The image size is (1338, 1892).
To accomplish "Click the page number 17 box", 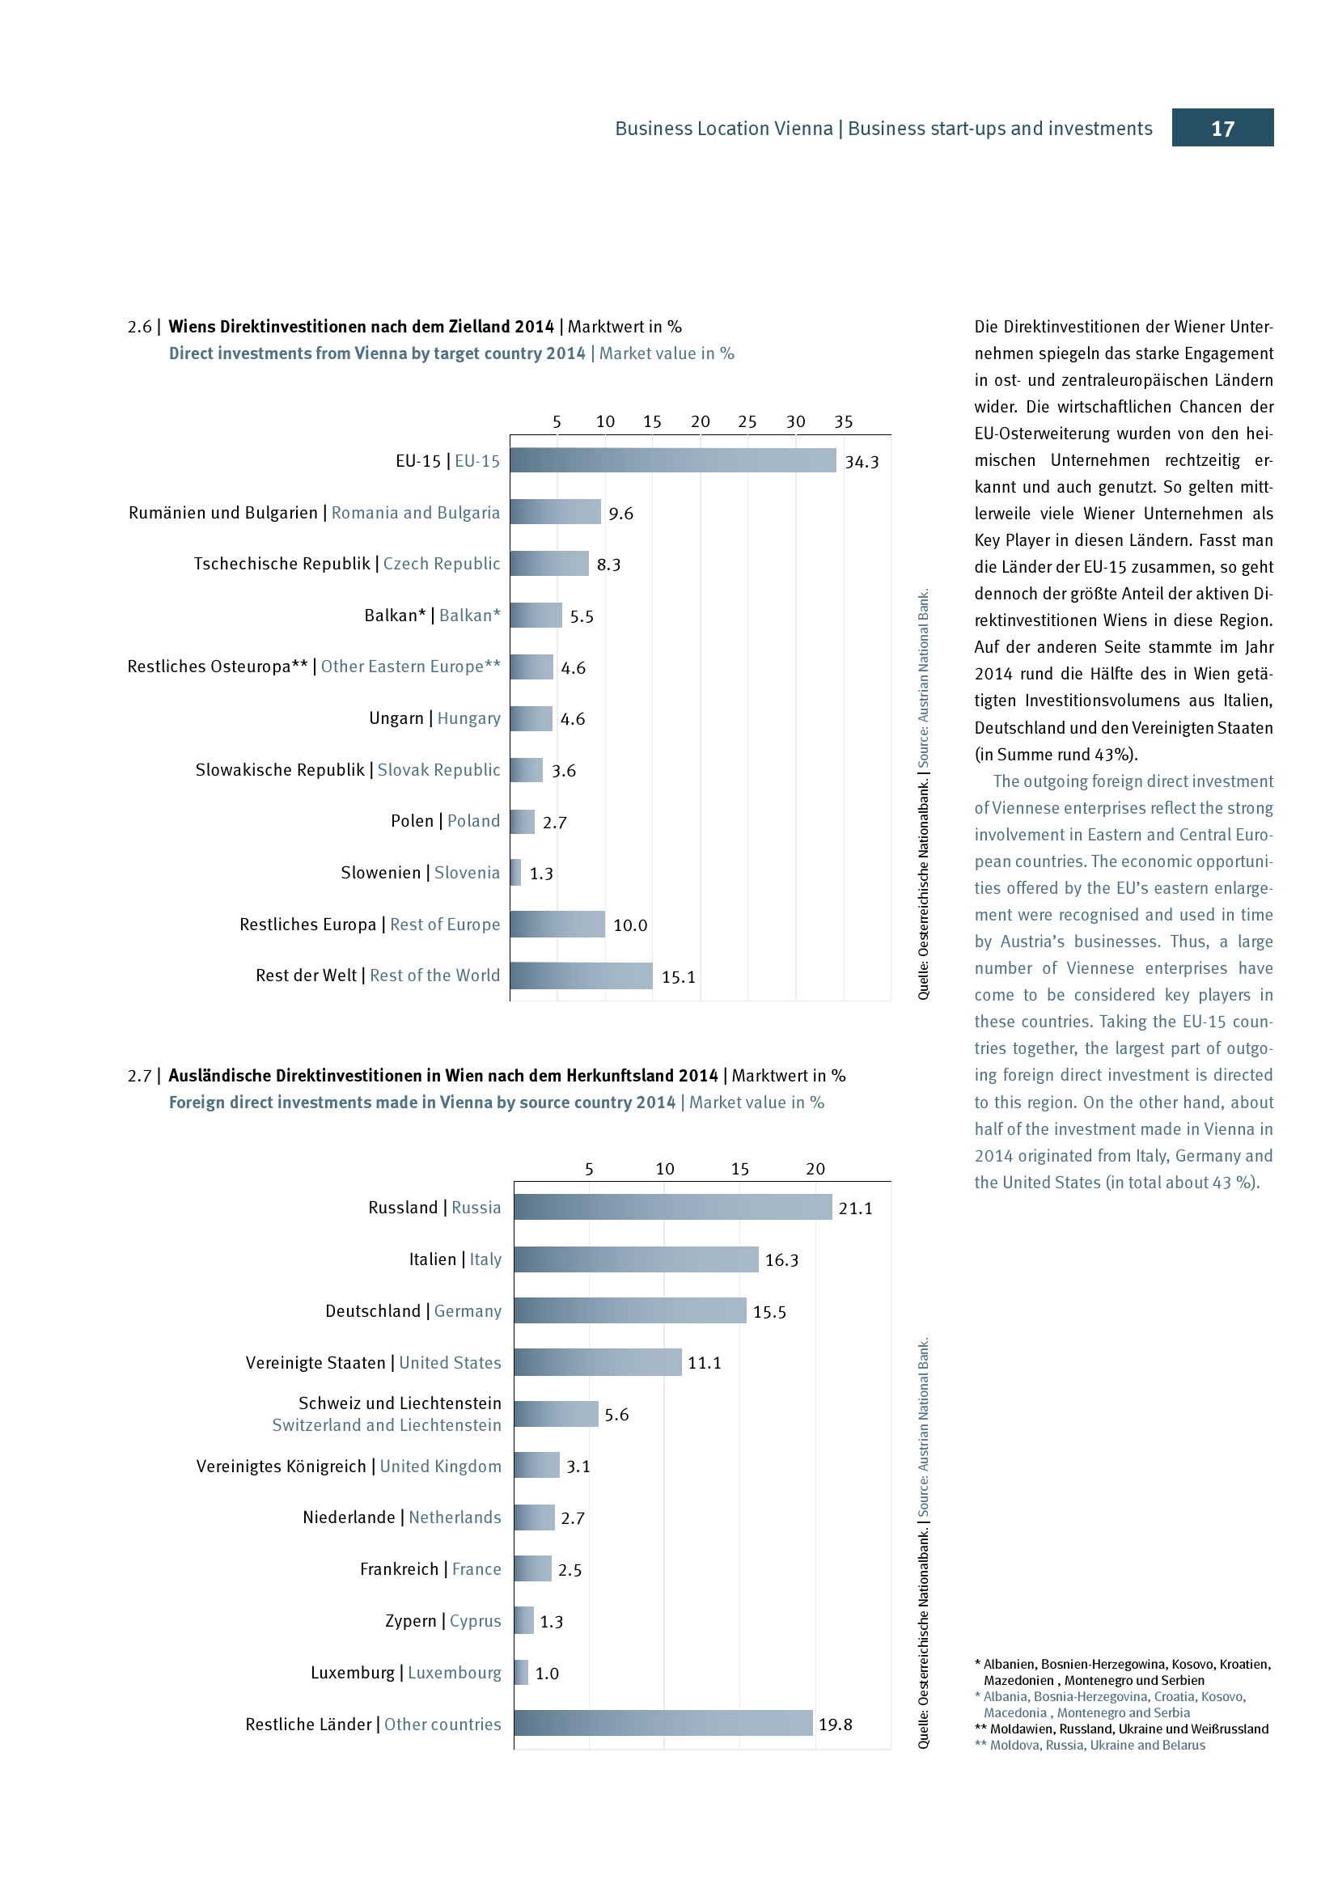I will click(x=1222, y=128).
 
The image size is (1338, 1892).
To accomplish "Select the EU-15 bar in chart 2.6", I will click(x=672, y=460).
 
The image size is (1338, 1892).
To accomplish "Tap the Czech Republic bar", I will click(x=548, y=564).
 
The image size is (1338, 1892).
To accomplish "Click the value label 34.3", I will click(x=862, y=463).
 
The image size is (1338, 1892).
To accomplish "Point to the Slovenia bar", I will click(x=516, y=873).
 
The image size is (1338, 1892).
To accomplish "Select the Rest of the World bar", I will click(x=581, y=976).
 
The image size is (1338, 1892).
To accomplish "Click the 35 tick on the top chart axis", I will click(x=843, y=422).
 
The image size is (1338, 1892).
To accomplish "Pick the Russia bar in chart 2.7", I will click(x=672, y=1207).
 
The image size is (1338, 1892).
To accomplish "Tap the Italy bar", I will click(x=635, y=1259).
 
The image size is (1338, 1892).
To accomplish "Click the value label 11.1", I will click(x=705, y=1363).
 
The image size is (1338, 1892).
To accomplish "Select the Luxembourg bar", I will click(x=521, y=1673).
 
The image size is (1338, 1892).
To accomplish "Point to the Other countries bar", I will click(x=663, y=1724).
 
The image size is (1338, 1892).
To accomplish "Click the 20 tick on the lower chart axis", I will click(x=815, y=1169).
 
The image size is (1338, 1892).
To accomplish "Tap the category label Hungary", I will click(x=469, y=718).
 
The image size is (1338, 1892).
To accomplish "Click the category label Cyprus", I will click(x=476, y=1621).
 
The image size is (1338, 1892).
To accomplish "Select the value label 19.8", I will click(x=835, y=1725).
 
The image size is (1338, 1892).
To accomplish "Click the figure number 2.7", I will click(x=139, y=1076).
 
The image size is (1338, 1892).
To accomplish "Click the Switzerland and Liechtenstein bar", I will click(x=555, y=1414).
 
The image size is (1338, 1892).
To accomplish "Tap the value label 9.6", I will click(x=620, y=514).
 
